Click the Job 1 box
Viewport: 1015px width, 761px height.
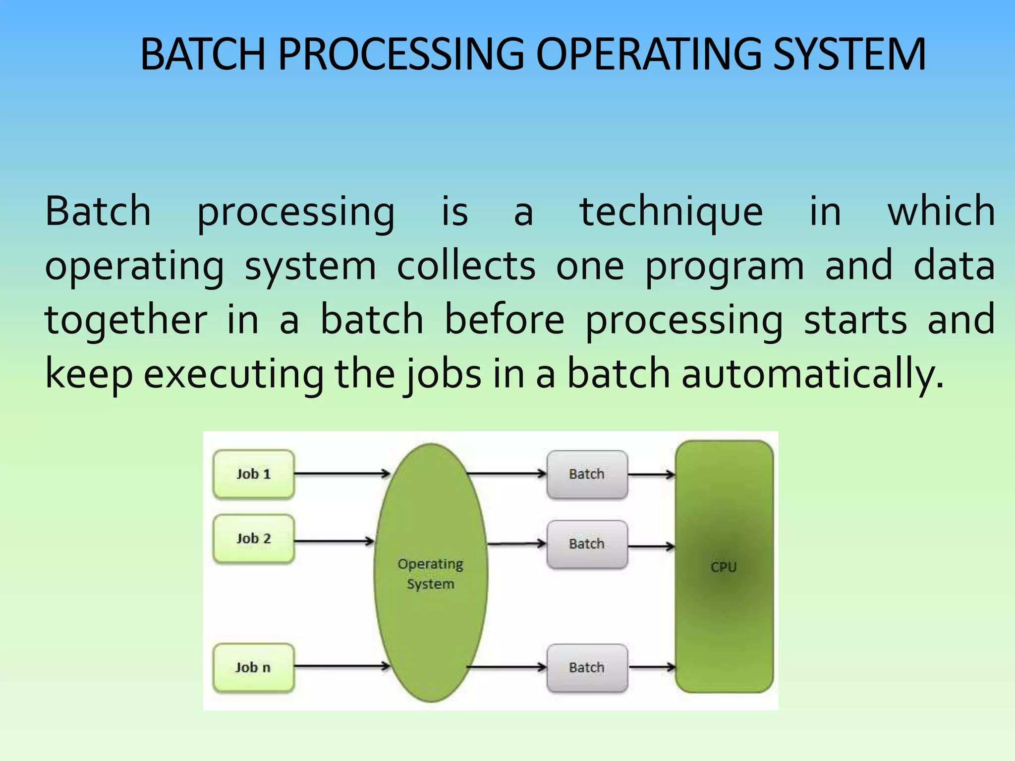click(253, 474)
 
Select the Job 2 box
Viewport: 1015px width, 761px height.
click(253, 539)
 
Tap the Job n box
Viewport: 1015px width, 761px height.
click(253, 667)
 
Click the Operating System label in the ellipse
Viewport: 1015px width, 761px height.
click(430, 574)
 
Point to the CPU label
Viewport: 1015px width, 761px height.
click(724, 567)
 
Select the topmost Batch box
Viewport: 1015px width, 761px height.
click(587, 474)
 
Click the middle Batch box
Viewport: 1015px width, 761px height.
click(587, 544)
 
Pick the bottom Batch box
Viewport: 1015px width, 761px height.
click(587, 667)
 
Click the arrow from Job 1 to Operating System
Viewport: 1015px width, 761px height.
click(342, 474)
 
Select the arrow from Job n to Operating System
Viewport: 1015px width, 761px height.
click(342, 666)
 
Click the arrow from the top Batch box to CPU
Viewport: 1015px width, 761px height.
click(651, 475)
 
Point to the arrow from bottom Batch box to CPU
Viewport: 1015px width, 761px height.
click(651, 667)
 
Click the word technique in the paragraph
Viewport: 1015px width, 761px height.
click(671, 212)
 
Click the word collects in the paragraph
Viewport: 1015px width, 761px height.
click(466, 266)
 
